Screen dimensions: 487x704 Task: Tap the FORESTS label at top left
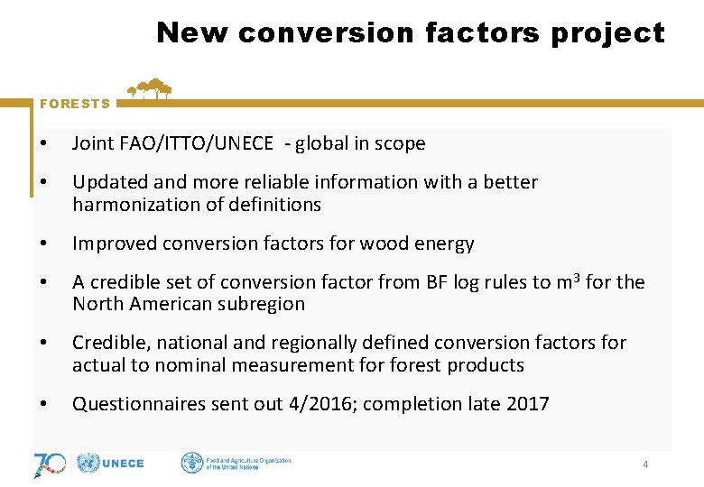pos(75,104)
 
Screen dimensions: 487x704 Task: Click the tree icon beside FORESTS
pos(150,88)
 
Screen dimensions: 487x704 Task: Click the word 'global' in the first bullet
pos(320,143)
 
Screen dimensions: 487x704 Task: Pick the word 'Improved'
pos(112,243)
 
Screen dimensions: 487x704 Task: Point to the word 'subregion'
pos(264,304)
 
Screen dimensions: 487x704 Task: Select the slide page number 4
pos(644,464)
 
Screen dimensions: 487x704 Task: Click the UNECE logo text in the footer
pos(123,464)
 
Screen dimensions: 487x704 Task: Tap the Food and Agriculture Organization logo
pos(236,464)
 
